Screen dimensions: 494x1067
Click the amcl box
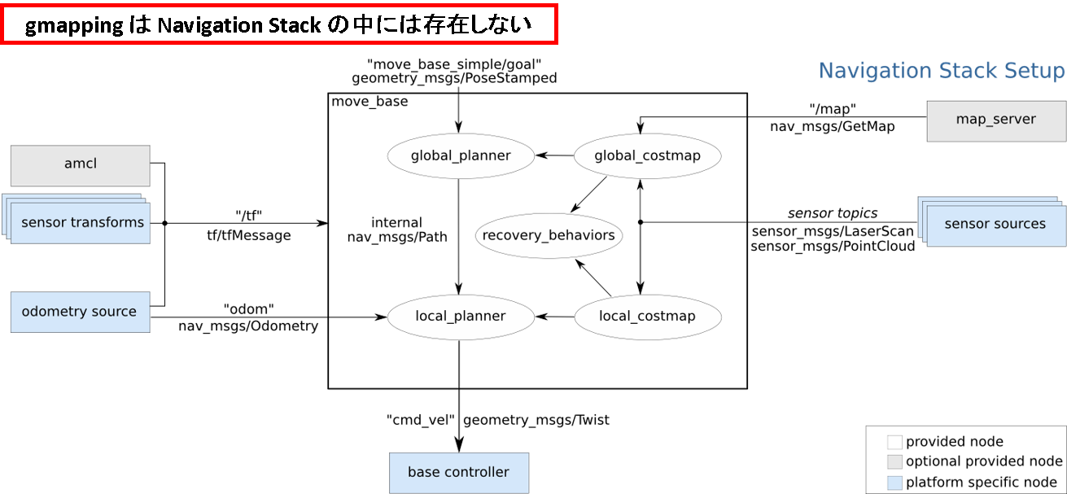point(80,164)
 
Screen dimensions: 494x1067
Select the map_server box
point(995,120)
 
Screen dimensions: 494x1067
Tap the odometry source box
point(80,312)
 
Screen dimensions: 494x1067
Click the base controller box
point(458,472)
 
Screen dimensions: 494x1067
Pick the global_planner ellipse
point(461,155)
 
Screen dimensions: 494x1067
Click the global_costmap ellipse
point(647,155)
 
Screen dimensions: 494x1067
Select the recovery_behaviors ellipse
point(549,236)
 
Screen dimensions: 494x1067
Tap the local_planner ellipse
point(461,317)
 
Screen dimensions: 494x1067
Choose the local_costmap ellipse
point(647,317)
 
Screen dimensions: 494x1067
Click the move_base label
point(370,102)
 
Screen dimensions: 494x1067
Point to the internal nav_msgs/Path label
point(396,230)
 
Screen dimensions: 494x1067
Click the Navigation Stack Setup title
point(942,72)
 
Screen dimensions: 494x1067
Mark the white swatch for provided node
point(894,443)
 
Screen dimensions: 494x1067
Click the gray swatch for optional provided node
point(894,462)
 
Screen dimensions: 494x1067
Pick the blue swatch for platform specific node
point(894,483)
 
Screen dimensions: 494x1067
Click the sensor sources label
point(995,224)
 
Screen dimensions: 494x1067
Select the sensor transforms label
point(82,222)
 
